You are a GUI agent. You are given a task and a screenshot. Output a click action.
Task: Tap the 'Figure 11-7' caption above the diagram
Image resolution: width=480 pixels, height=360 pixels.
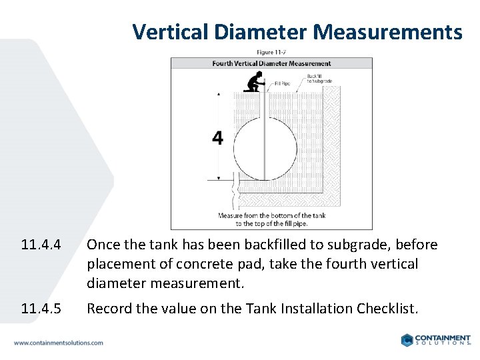coord(271,52)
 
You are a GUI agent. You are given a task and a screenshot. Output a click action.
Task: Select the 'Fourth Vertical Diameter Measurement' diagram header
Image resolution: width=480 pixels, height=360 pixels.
coord(271,64)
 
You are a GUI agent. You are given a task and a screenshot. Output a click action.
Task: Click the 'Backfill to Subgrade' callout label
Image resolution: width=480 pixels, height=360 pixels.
coord(319,79)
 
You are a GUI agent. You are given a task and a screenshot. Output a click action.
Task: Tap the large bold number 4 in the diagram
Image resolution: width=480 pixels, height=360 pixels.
coord(217,138)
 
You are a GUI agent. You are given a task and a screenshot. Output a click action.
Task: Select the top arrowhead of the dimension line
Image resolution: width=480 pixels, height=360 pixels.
coord(218,95)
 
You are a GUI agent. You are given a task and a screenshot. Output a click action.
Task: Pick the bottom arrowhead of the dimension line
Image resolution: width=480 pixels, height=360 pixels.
coord(218,178)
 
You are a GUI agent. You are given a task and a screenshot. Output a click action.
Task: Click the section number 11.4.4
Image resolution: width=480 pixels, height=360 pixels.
coord(41,245)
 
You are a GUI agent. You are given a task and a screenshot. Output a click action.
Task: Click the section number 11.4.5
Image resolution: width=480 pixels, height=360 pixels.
coord(41,309)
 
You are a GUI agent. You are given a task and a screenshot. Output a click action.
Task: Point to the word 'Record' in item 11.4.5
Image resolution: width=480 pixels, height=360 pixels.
coord(108,309)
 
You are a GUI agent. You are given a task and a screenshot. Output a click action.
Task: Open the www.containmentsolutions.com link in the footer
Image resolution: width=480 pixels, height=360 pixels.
coord(59,343)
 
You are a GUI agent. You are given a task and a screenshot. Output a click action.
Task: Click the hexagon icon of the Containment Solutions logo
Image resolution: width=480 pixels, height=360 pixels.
coord(407,340)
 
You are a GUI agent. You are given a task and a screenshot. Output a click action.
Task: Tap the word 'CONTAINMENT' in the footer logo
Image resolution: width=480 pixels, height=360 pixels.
coord(444,337)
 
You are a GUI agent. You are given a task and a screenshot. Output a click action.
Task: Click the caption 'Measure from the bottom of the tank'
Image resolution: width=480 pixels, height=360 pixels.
coord(271,215)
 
